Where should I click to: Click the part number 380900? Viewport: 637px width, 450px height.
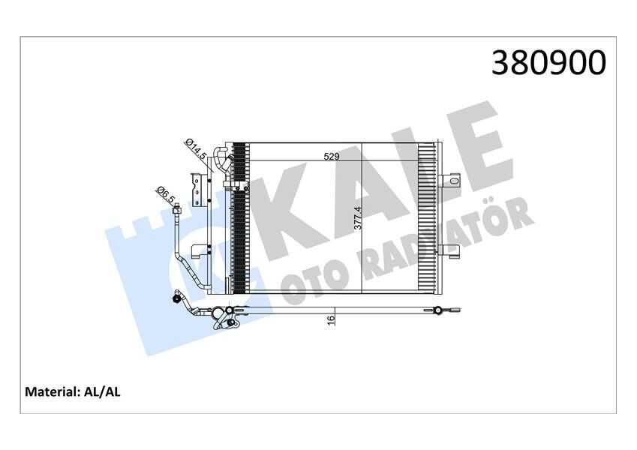coord(548,63)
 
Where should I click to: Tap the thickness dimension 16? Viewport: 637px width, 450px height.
coord(331,319)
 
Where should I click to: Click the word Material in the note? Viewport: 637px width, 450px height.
coord(50,391)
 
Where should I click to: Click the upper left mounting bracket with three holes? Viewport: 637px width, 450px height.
coord(197,190)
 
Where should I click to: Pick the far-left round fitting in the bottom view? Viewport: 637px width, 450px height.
coord(178,298)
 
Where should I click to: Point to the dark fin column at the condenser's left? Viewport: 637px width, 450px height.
coord(239,217)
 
